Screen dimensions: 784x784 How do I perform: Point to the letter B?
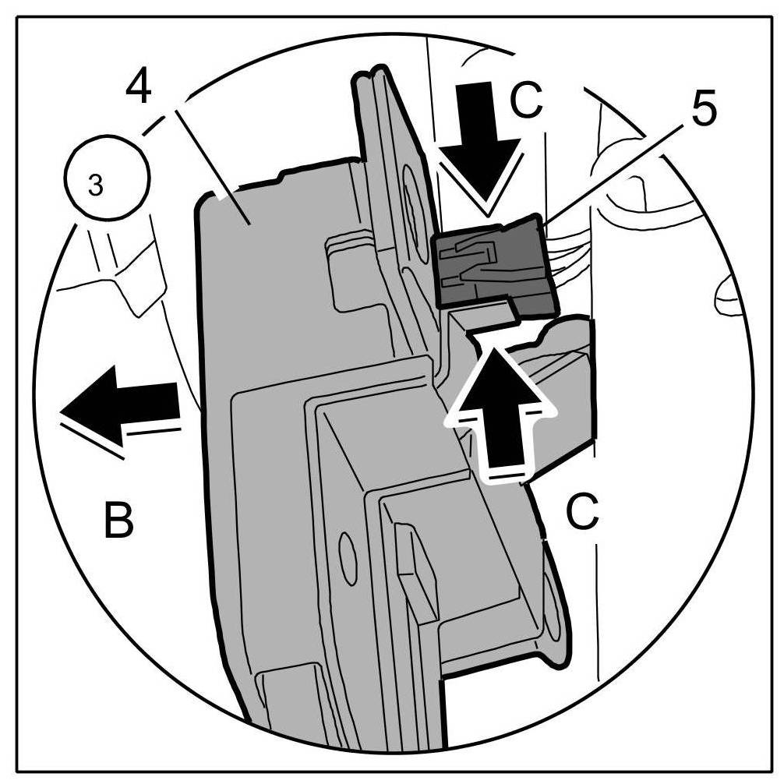pos(118,521)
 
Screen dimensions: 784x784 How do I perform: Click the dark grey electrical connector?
pos(491,261)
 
